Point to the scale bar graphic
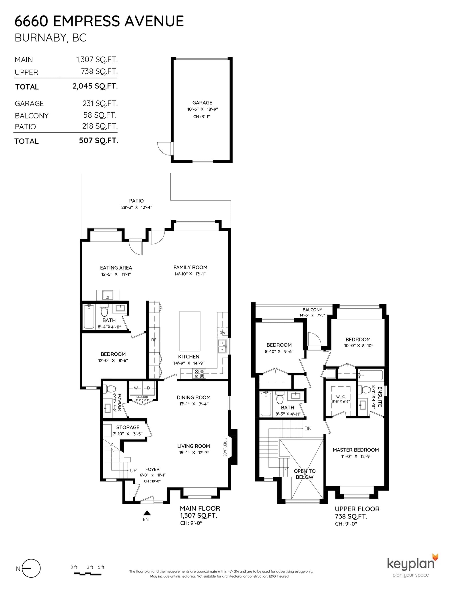click(x=87, y=574)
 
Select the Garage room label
click(x=202, y=103)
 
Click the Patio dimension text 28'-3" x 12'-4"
click(x=137, y=207)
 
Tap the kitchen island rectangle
click(x=190, y=331)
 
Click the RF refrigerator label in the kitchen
click(x=154, y=340)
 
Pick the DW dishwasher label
click(x=222, y=333)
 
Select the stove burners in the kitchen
click(x=199, y=374)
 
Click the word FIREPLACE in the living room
click(x=225, y=447)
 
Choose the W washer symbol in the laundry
click(x=136, y=388)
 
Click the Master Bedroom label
click(x=356, y=450)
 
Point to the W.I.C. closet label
click(x=341, y=397)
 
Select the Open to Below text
click(x=305, y=474)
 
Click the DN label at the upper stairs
click(x=308, y=429)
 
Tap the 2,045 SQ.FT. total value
click(x=95, y=86)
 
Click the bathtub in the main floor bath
click(x=89, y=317)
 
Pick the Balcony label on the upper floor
click(x=312, y=310)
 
